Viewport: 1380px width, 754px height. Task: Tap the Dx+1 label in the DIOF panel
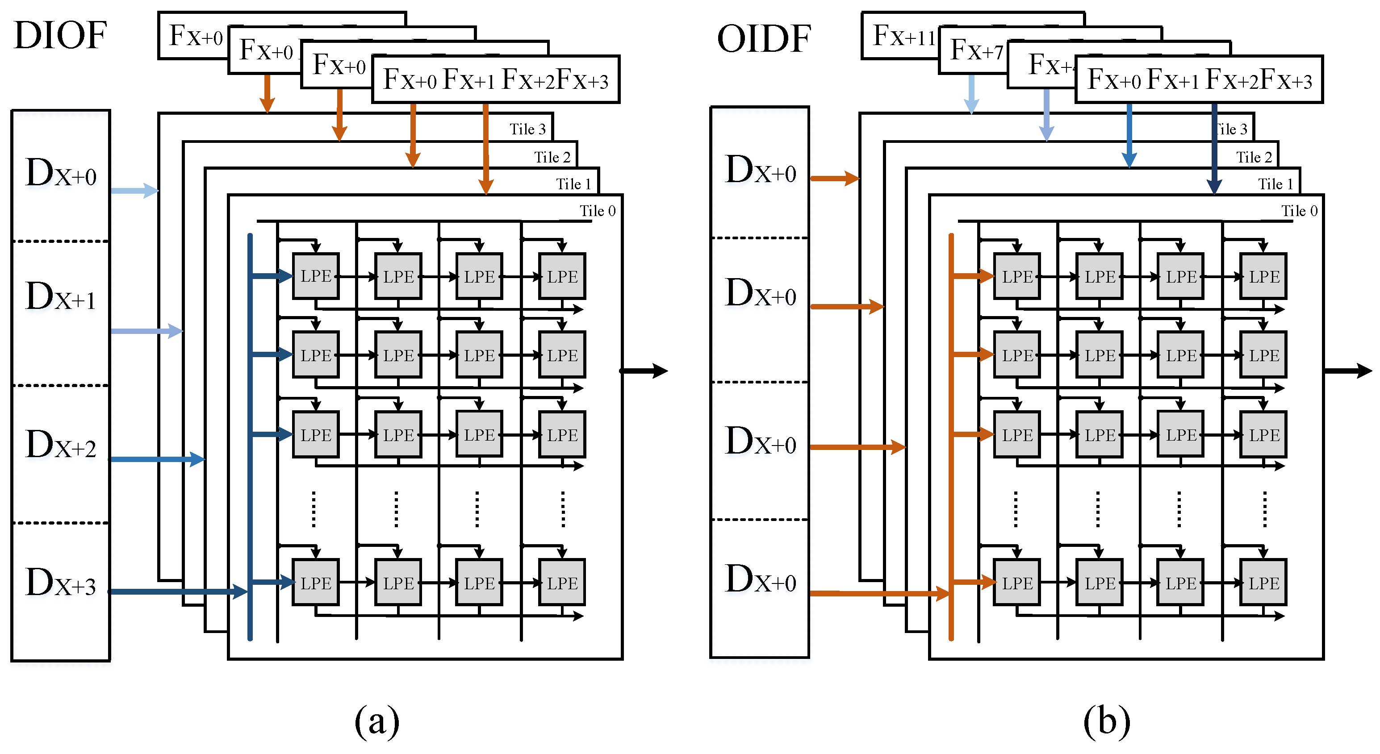coord(61,296)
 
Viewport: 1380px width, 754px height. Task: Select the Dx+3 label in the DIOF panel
coord(61,583)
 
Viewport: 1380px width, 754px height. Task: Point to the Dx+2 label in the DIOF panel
coord(61,445)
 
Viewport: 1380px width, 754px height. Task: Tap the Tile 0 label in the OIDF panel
coord(1299,211)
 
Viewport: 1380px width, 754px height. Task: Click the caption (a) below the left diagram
coord(376,721)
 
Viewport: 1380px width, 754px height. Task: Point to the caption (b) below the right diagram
coord(1106,721)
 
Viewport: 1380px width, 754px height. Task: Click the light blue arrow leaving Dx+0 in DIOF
coord(134,190)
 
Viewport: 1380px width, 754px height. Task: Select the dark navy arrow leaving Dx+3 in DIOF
coord(177,591)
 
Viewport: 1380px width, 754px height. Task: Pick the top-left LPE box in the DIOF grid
coord(316,276)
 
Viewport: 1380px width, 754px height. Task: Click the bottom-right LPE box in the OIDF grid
coord(1263,583)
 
